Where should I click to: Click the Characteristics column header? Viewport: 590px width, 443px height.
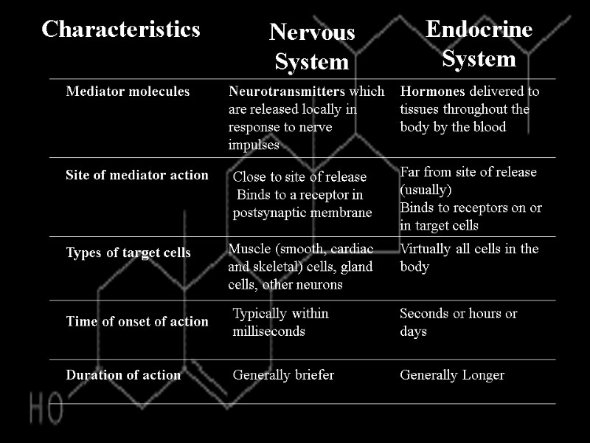tap(121, 30)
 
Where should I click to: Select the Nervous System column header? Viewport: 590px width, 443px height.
tap(312, 47)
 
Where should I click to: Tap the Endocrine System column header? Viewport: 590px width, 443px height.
tap(479, 44)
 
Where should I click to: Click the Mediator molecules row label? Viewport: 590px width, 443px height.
tap(128, 92)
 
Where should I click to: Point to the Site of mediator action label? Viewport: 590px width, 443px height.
tap(137, 176)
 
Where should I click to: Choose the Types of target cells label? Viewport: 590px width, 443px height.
tap(128, 253)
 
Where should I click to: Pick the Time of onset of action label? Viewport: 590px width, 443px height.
tap(137, 321)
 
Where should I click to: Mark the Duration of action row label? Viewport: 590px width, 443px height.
tap(123, 375)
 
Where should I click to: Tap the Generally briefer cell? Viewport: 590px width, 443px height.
tap(283, 375)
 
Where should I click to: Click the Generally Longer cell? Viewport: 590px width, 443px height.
tap(452, 375)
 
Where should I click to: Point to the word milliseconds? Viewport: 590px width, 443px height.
tap(269, 332)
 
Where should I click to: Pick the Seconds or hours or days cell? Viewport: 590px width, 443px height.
tap(458, 323)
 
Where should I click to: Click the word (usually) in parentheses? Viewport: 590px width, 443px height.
tap(426, 189)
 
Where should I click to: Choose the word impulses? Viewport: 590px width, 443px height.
tap(254, 145)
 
